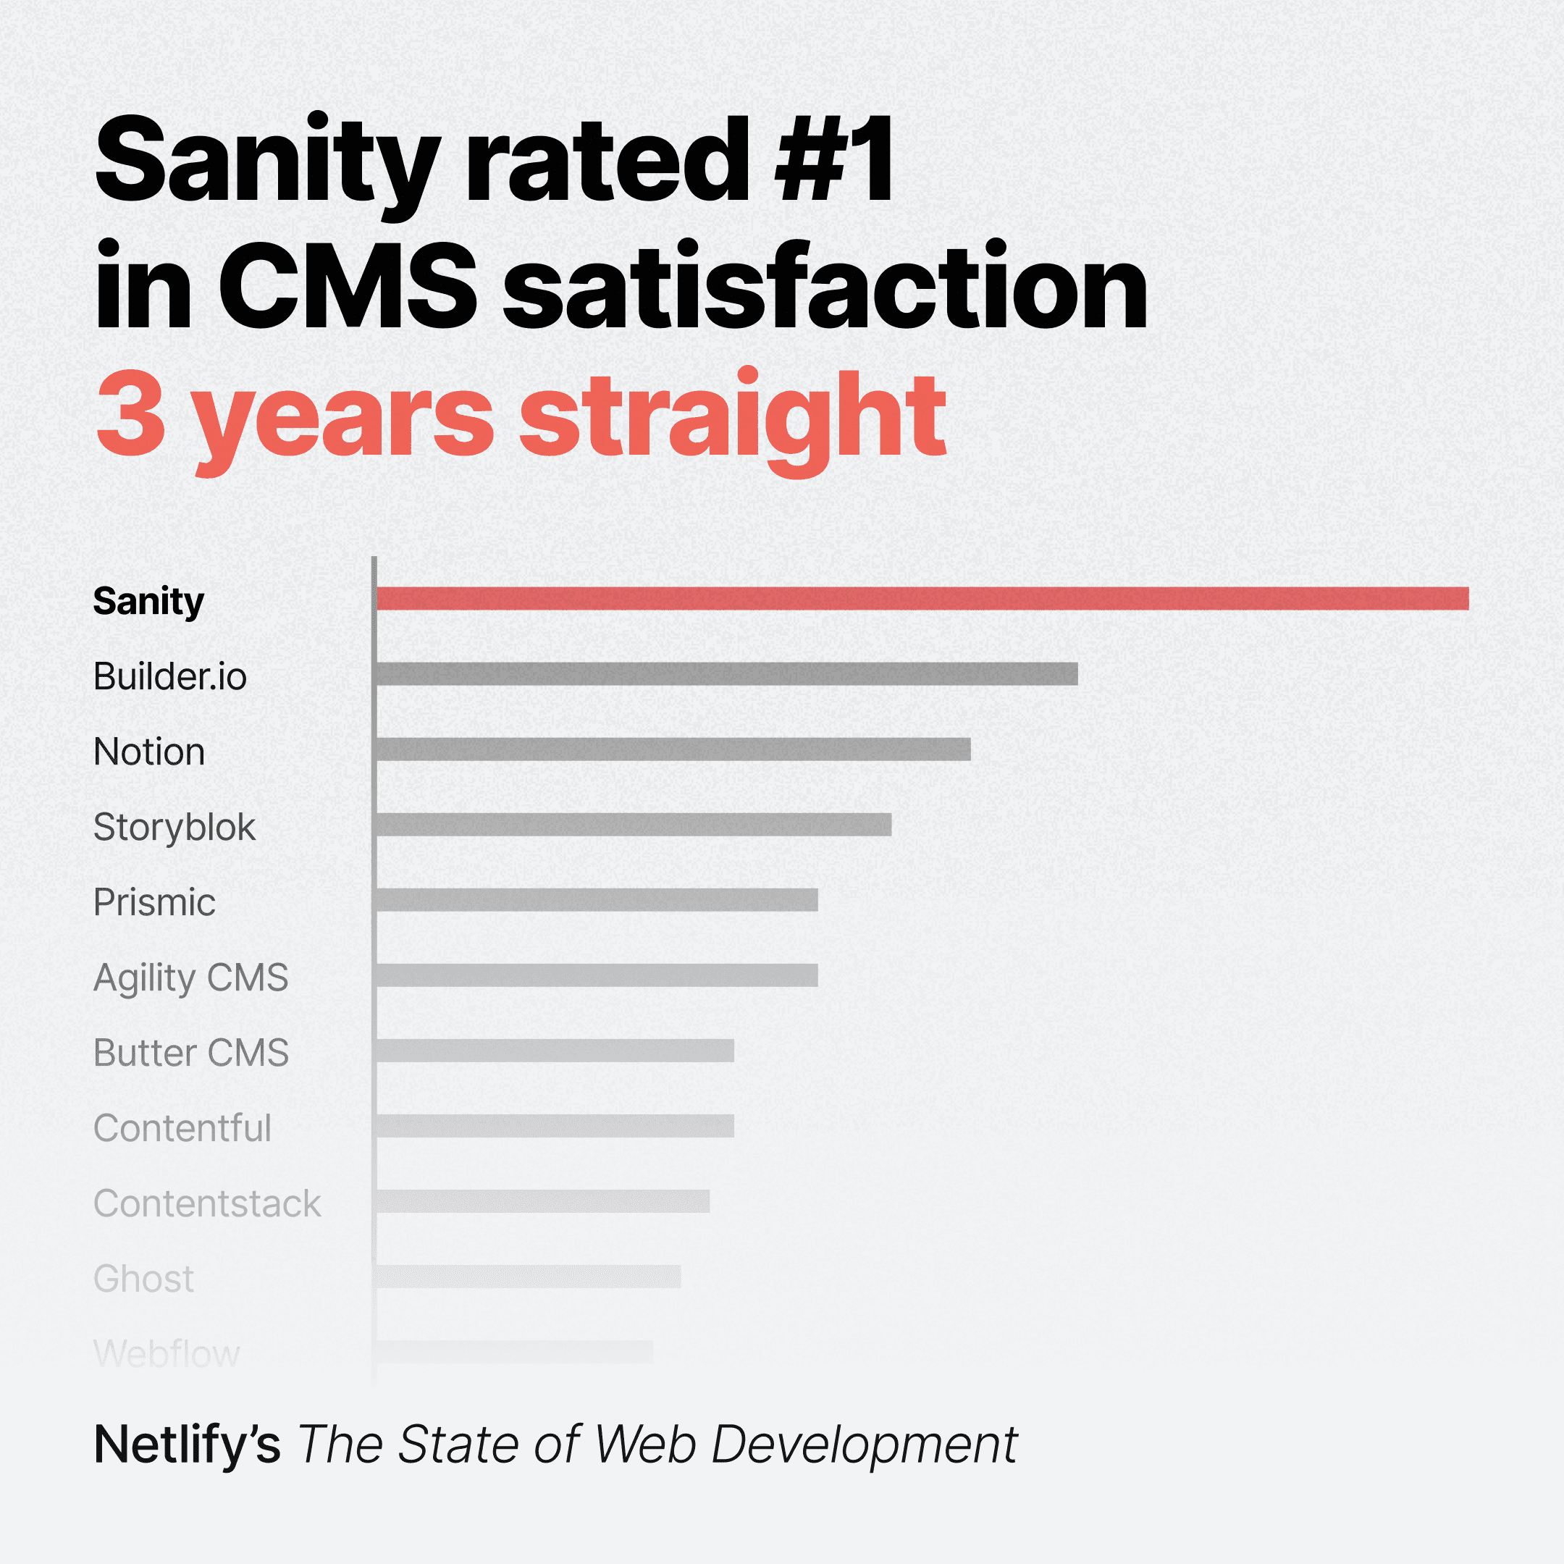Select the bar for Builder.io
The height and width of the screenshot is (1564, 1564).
(726, 673)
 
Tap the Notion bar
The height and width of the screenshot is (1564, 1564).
(673, 749)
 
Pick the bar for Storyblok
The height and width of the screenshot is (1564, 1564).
(633, 824)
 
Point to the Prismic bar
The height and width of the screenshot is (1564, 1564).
(597, 899)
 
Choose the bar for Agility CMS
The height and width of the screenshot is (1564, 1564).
(597, 975)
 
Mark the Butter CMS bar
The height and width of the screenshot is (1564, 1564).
(555, 1050)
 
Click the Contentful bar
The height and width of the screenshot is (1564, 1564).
(555, 1125)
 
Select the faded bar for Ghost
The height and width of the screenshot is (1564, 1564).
(528, 1276)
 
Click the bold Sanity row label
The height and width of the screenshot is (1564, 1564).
(148, 602)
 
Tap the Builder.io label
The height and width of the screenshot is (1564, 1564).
(170, 676)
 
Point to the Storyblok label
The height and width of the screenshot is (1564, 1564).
(174, 826)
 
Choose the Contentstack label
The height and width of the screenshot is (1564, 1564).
(207, 1203)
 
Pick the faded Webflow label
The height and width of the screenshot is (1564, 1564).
(167, 1353)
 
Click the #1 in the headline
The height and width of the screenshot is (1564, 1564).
(834, 159)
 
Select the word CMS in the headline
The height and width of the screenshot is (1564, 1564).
(348, 287)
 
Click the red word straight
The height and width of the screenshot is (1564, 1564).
(732, 417)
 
